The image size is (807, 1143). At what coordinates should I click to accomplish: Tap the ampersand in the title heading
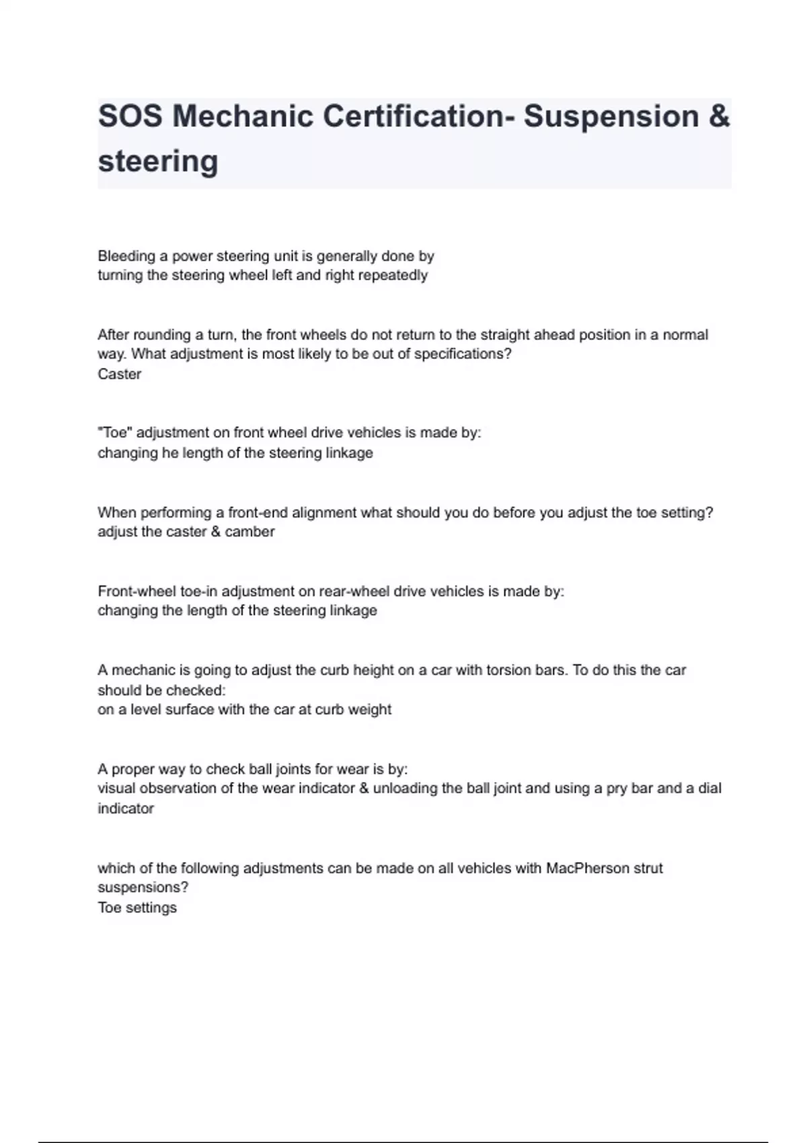(719, 116)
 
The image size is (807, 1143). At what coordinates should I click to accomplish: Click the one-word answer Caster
(119, 375)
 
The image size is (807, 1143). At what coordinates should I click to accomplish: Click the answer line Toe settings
(137, 908)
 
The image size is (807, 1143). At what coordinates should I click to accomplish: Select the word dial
(709, 789)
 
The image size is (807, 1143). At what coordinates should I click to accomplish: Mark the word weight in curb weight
(370, 710)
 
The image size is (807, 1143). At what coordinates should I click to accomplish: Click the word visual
(116, 789)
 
